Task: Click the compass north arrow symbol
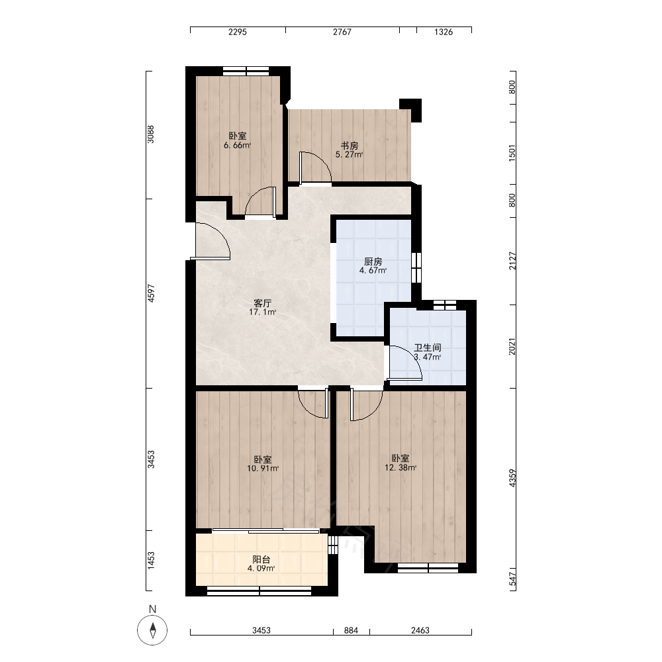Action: coord(152,630)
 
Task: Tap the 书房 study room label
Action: coord(350,146)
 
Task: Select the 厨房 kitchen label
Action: coord(373,261)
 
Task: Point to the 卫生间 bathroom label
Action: coord(427,348)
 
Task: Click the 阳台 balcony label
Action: coord(261,559)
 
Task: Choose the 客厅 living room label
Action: coord(263,303)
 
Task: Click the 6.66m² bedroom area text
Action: coord(237,145)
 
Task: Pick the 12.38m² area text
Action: coord(401,467)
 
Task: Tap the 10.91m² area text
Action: coord(263,468)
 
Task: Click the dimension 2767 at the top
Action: coord(342,32)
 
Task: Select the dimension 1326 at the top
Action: coord(444,32)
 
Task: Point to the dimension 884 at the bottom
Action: coord(351,630)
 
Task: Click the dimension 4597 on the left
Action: coord(151,293)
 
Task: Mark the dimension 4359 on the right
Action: coord(512,478)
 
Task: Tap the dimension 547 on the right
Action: coord(512,579)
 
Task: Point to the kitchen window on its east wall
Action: coord(416,267)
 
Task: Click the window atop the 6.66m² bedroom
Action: coord(246,71)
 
